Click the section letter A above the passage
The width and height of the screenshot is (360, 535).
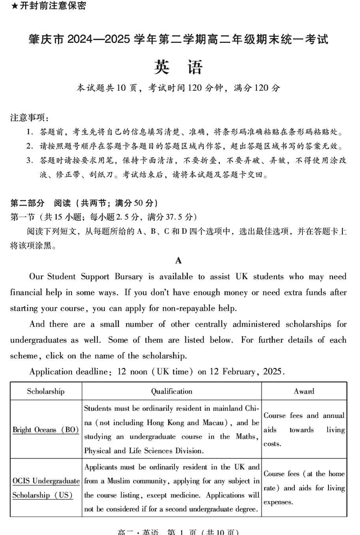tap(178, 260)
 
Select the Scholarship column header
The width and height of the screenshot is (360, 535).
tap(45, 391)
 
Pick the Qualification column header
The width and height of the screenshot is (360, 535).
tap(171, 391)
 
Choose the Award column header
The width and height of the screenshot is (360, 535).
tap(304, 391)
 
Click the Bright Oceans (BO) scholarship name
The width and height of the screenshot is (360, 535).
tap(45, 430)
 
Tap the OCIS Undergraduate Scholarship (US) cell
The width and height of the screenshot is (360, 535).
tap(45, 488)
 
